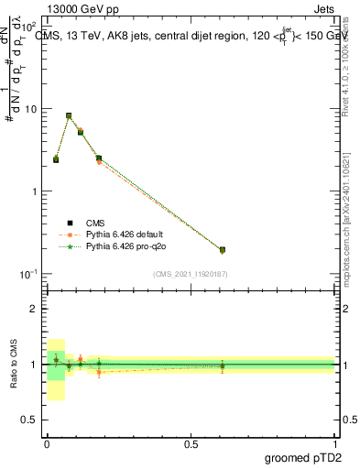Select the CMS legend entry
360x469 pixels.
coord(95,223)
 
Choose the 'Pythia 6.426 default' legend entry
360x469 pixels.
coord(128,234)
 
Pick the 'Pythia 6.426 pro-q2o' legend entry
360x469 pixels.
coord(128,246)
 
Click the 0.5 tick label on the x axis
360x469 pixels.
coord(191,442)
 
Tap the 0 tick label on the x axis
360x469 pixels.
coord(47,442)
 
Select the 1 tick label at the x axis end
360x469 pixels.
coord(335,442)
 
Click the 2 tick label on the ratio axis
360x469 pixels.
coord(34,309)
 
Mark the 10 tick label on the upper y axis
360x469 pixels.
coord(30,109)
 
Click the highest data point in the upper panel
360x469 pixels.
coord(69,115)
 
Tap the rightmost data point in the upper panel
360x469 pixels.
coord(223,249)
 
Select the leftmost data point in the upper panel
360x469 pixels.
coord(56,159)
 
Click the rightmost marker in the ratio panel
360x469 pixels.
coord(223,366)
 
